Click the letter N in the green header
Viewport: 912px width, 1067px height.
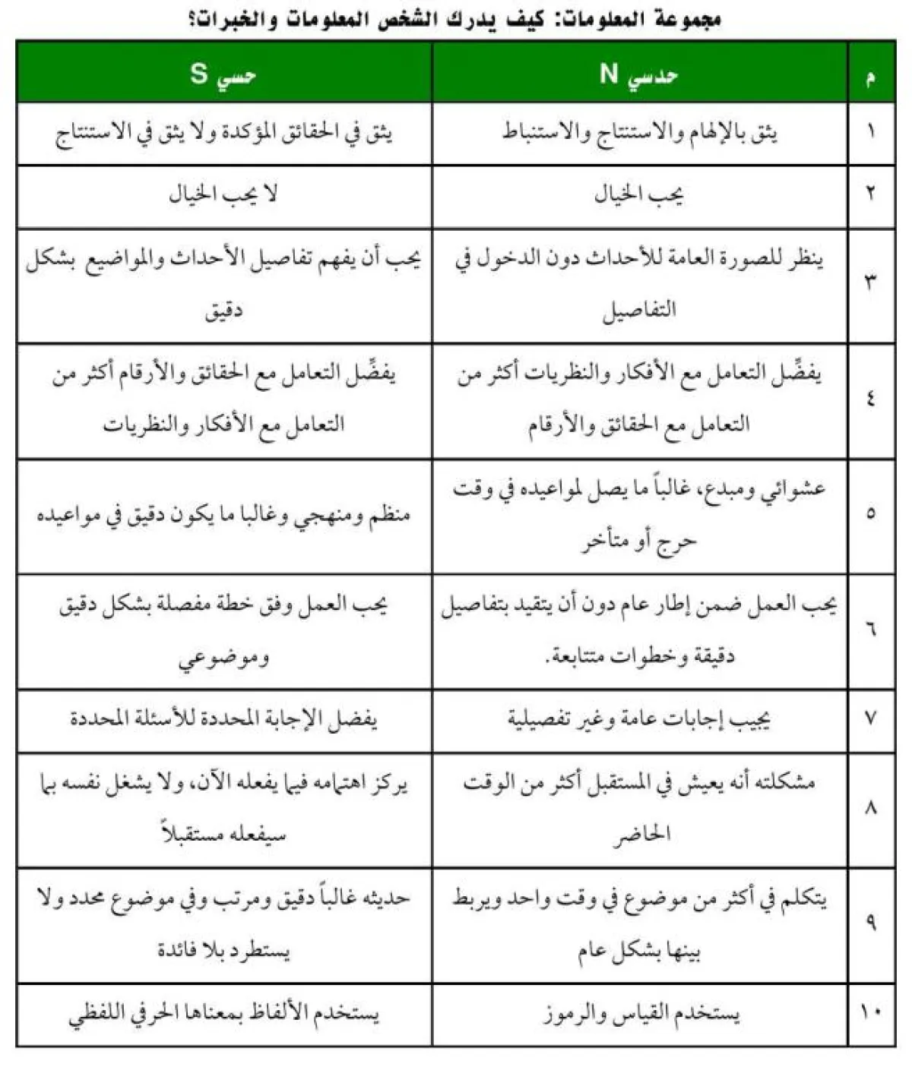pyautogui.click(x=609, y=74)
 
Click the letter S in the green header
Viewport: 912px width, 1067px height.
pyautogui.click(x=198, y=74)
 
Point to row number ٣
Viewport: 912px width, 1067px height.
pyautogui.click(x=871, y=280)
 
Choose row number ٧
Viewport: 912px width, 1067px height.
pyautogui.click(x=871, y=718)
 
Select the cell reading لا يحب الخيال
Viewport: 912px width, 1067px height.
pyautogui.click(x=223, y=195)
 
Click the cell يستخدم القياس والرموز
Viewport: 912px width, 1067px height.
pyautogui.click(x=641, y=1013)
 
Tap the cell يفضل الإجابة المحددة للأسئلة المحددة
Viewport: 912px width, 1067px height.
pyautogui.click(x=223, y=718)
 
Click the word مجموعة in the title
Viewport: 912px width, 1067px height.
pyautogui.click(x=686, y=18)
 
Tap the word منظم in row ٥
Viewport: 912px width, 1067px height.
pyautogui.click(x=388, y=515)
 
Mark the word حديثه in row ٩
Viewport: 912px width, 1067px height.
pyautogui.click(x=385, y=898)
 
